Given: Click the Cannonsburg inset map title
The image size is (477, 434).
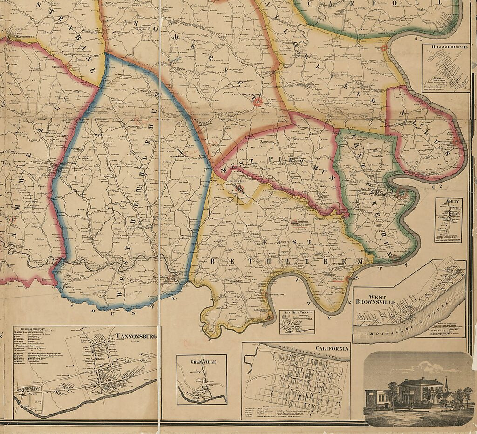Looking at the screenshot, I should click(x=136, y=336).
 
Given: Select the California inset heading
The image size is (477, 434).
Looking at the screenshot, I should click(x=332, y=348).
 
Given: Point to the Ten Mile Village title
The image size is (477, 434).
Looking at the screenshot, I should click(x=297, y=312).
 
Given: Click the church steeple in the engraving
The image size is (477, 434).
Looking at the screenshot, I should click(x=447, y=384).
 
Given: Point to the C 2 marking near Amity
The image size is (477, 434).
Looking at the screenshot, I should click(x=437, y=187).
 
